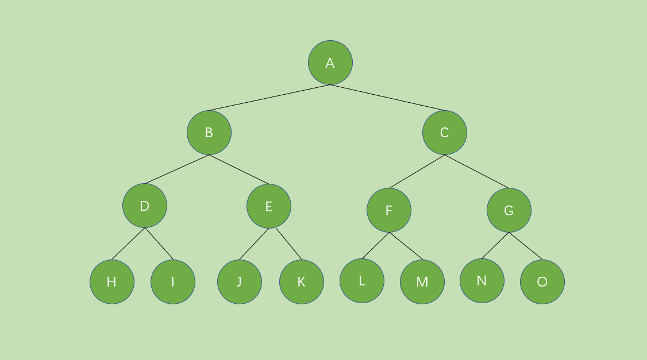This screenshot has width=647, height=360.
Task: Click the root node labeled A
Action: [330, 63]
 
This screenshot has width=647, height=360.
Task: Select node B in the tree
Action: [209, 133]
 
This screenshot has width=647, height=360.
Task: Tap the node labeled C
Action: [445, 133]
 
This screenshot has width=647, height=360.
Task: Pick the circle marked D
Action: [145, 206]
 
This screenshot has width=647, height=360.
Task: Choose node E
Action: [269, 206]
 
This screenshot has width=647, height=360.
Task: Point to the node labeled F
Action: [389, 210]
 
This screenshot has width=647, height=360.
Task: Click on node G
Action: [509, 210]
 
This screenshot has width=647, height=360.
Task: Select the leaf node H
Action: [112, 282]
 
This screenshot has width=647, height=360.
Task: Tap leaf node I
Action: [173, 282]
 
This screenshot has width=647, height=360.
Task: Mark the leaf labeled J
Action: [240, 282]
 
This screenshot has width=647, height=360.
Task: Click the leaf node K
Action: [302, 282]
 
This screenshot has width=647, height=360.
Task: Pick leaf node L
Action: [362, 281]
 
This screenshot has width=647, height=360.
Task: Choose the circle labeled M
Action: [422, 282]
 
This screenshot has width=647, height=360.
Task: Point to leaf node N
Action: [482, 281]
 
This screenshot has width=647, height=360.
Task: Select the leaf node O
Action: [542, 282]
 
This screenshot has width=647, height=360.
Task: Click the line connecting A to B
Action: [269, 98]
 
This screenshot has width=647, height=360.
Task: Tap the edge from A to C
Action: [388, 98]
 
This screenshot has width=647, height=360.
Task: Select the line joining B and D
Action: [177, 169]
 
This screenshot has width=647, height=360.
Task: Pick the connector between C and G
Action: [477, 172]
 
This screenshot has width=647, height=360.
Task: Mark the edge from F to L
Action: [375, 246]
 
